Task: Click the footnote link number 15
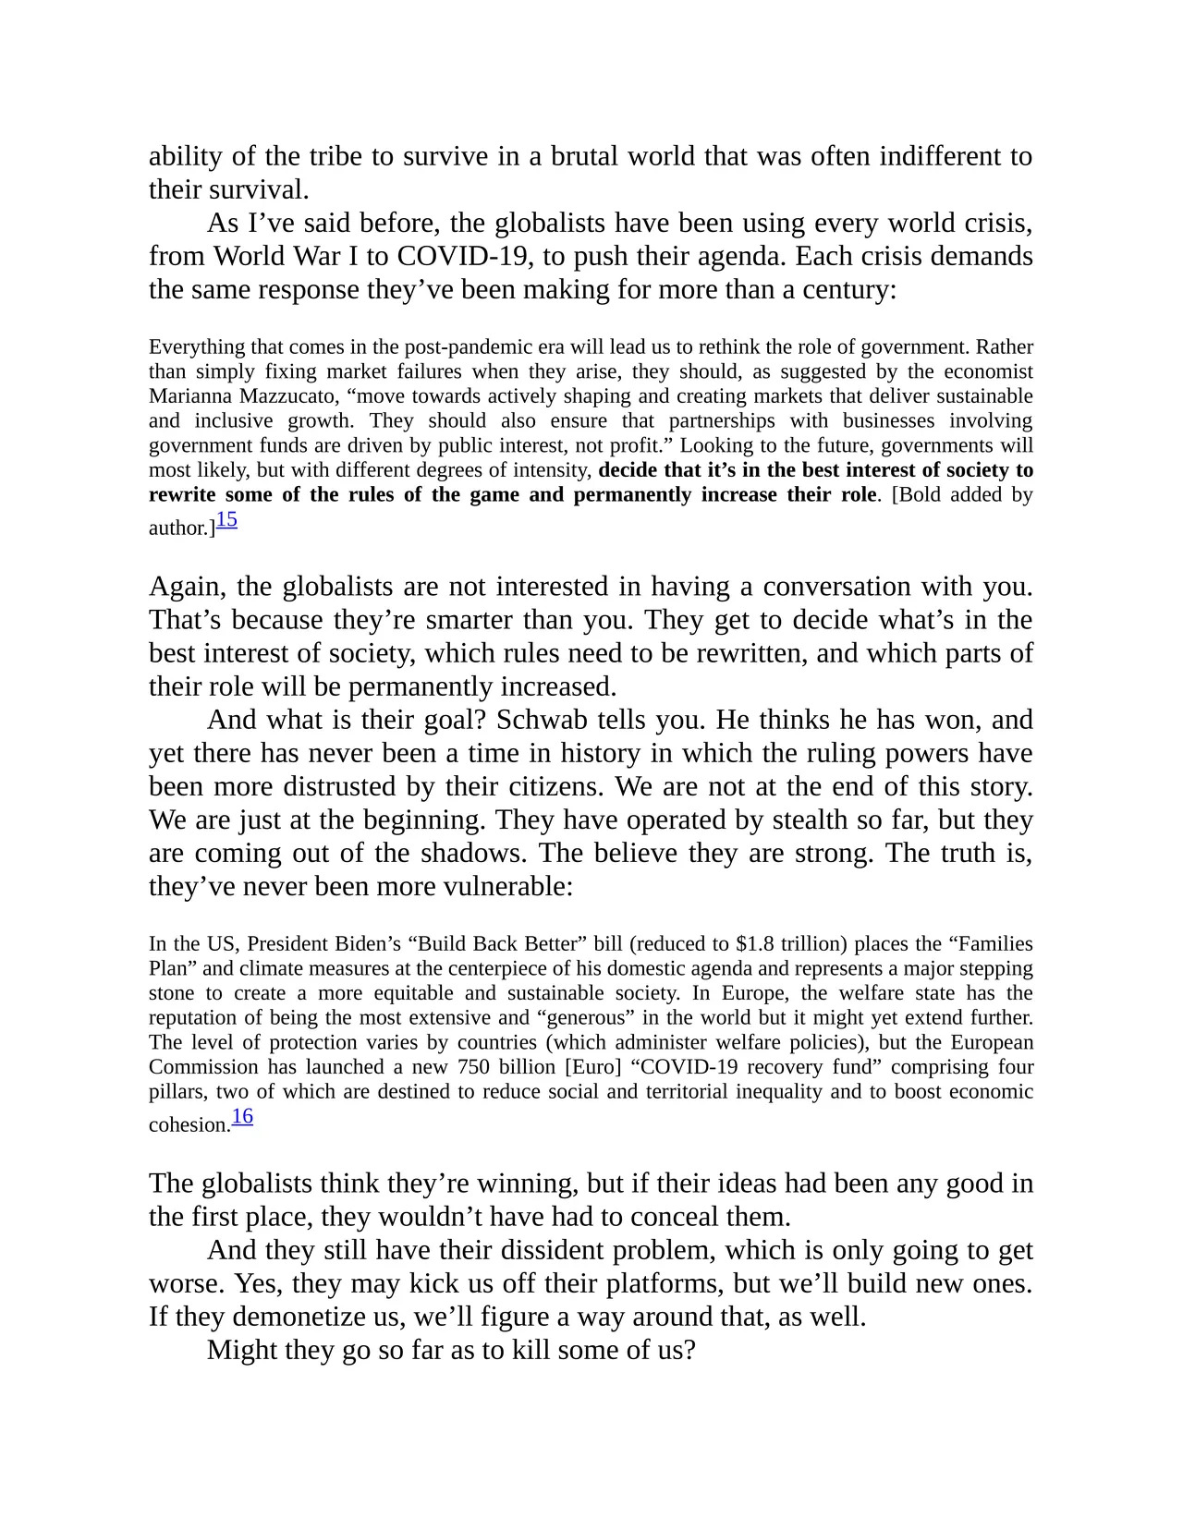pos(226,520)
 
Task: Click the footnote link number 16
pos(242,1117)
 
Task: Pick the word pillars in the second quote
pos(177,1092)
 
